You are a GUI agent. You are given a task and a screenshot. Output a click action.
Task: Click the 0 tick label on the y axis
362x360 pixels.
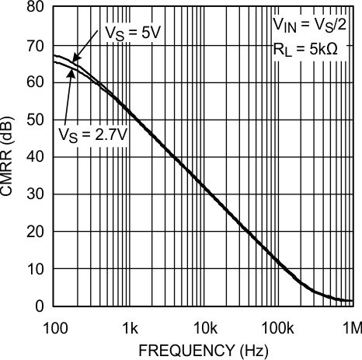tap(37, 306)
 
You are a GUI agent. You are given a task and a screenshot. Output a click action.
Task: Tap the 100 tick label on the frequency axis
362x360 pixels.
tap(54, 324)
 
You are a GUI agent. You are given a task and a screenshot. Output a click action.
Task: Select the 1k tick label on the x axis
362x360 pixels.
tap(129, 324)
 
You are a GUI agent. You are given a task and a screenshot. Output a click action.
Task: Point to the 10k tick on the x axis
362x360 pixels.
tap(204, 324)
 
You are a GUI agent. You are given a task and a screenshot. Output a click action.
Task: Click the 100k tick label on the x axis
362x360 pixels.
tap(277, 324)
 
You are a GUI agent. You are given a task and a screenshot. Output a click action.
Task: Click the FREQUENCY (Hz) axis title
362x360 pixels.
tap(203, 350)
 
